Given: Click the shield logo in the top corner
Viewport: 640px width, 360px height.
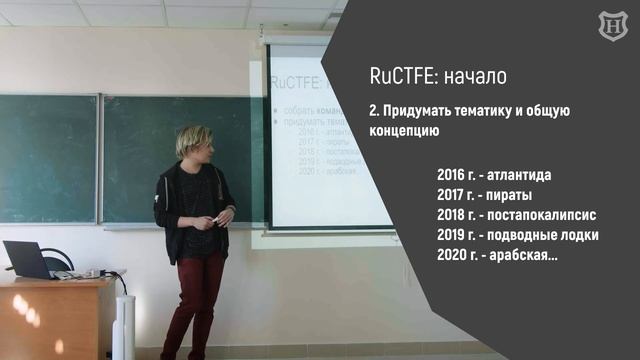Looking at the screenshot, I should click(611, 27).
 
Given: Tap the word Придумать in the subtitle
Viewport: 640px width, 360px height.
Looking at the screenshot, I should click(413, 111).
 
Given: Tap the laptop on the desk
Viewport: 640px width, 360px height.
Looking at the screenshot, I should click(28, 260).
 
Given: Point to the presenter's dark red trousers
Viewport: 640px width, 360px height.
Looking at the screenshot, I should click(195, 300).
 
